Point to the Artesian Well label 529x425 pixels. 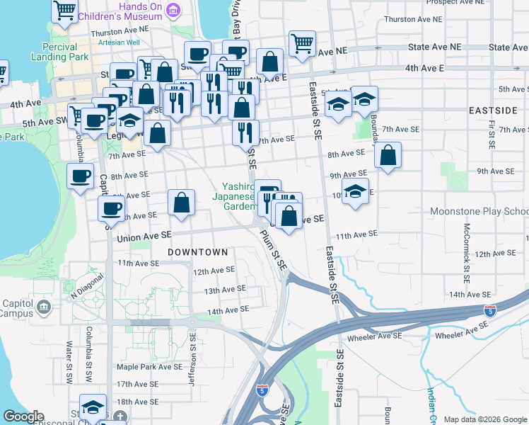click(x=120, y=42)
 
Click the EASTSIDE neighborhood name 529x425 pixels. click(x=493, y=111)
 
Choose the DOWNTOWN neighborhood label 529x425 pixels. click(x=197, y=252)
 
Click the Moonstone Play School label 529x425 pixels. click(x=479, y=212)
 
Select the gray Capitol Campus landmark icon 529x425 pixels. click(x=45, y=307)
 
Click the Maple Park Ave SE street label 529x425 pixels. click(x=149, y=367)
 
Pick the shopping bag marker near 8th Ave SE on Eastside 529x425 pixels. click(x=388, y=156)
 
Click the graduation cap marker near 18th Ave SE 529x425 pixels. click(x=93, y=407)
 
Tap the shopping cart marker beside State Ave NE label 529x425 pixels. click(x=302, y=44)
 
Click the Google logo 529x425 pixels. click(x=23, y=416)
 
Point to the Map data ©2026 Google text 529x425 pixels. click(x=484, y=419)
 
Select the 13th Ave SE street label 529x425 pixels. click(x=224, y=289)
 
